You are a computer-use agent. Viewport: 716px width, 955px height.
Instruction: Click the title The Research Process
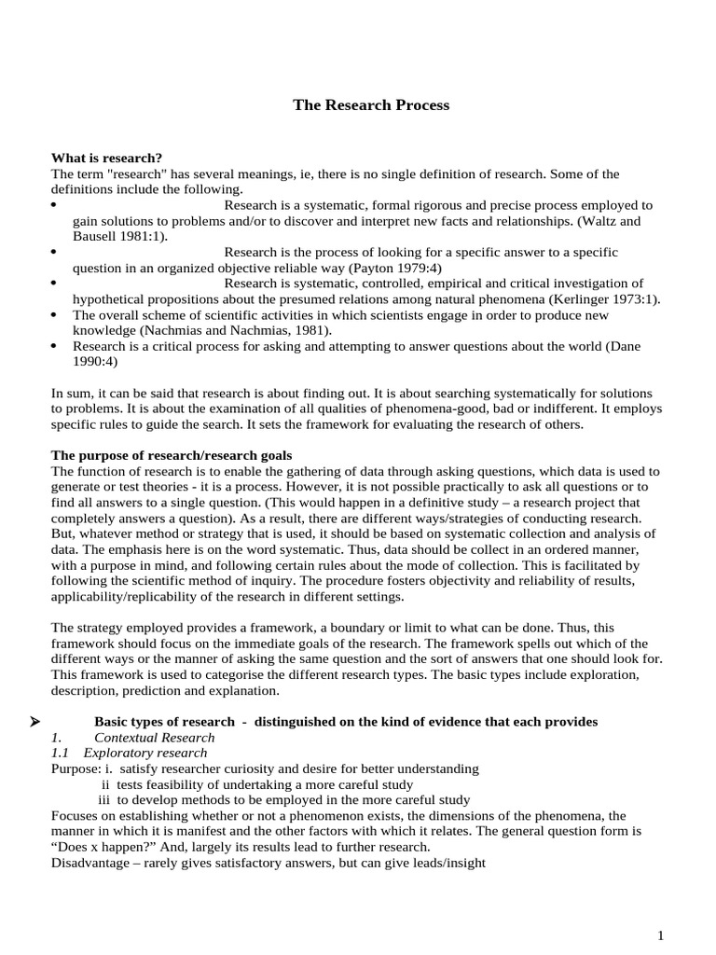click(371, 105)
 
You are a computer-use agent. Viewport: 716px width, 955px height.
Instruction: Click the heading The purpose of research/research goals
click(172, 455)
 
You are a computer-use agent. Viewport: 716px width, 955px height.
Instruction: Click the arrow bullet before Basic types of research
click(58, 722)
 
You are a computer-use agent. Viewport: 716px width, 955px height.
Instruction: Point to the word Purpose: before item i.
click(76, 768)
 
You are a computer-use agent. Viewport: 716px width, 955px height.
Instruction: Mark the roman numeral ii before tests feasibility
click(105, 784)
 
